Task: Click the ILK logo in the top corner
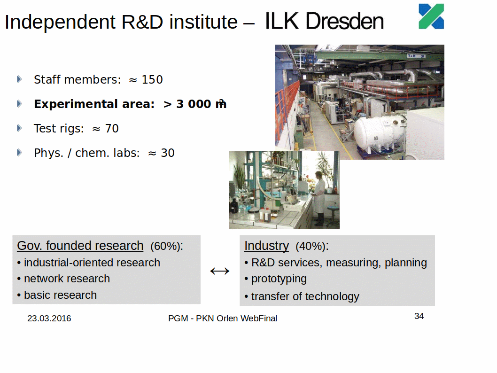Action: (x=431, y=16)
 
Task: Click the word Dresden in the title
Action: (x=344, y=21)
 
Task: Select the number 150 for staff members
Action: (x=152, y=79)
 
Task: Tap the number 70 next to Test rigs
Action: (x=112, y=128)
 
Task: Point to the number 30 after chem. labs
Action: (x=168, y=153)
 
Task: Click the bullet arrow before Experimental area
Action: (x=19, y=104)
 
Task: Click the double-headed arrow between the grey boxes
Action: (x=220, y=271)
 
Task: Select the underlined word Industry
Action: (x=266, y=246)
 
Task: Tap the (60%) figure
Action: (x=166, y=246)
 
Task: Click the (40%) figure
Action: (x=312, y=246)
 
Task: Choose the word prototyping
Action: (x=279, y=279)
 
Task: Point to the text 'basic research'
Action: (x=60, y=295)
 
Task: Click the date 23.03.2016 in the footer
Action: (x=49, y=318)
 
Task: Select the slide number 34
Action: (x=419, y=316)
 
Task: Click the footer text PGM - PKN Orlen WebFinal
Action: (x=223, y=318)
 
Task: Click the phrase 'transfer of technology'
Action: (x=305, y=296)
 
